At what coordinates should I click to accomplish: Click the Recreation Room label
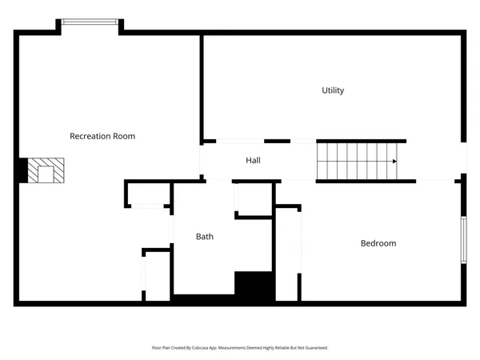point(102,136)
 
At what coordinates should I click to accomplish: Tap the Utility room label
point(333,90)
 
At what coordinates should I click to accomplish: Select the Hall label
point(253,161)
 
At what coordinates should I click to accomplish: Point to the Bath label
point(205,237)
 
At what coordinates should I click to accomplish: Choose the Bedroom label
point(378,243)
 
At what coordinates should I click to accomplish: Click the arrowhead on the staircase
point(394,162)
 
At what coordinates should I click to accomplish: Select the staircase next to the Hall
point(357,161)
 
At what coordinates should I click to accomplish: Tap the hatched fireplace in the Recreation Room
point(46,170)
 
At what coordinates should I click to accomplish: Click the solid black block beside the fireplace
point(22,170)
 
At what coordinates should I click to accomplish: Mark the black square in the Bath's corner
point(254,284)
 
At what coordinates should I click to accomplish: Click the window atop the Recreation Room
point(90,22)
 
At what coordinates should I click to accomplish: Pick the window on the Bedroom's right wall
point(463,239)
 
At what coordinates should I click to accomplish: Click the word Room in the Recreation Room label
point(124,136)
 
